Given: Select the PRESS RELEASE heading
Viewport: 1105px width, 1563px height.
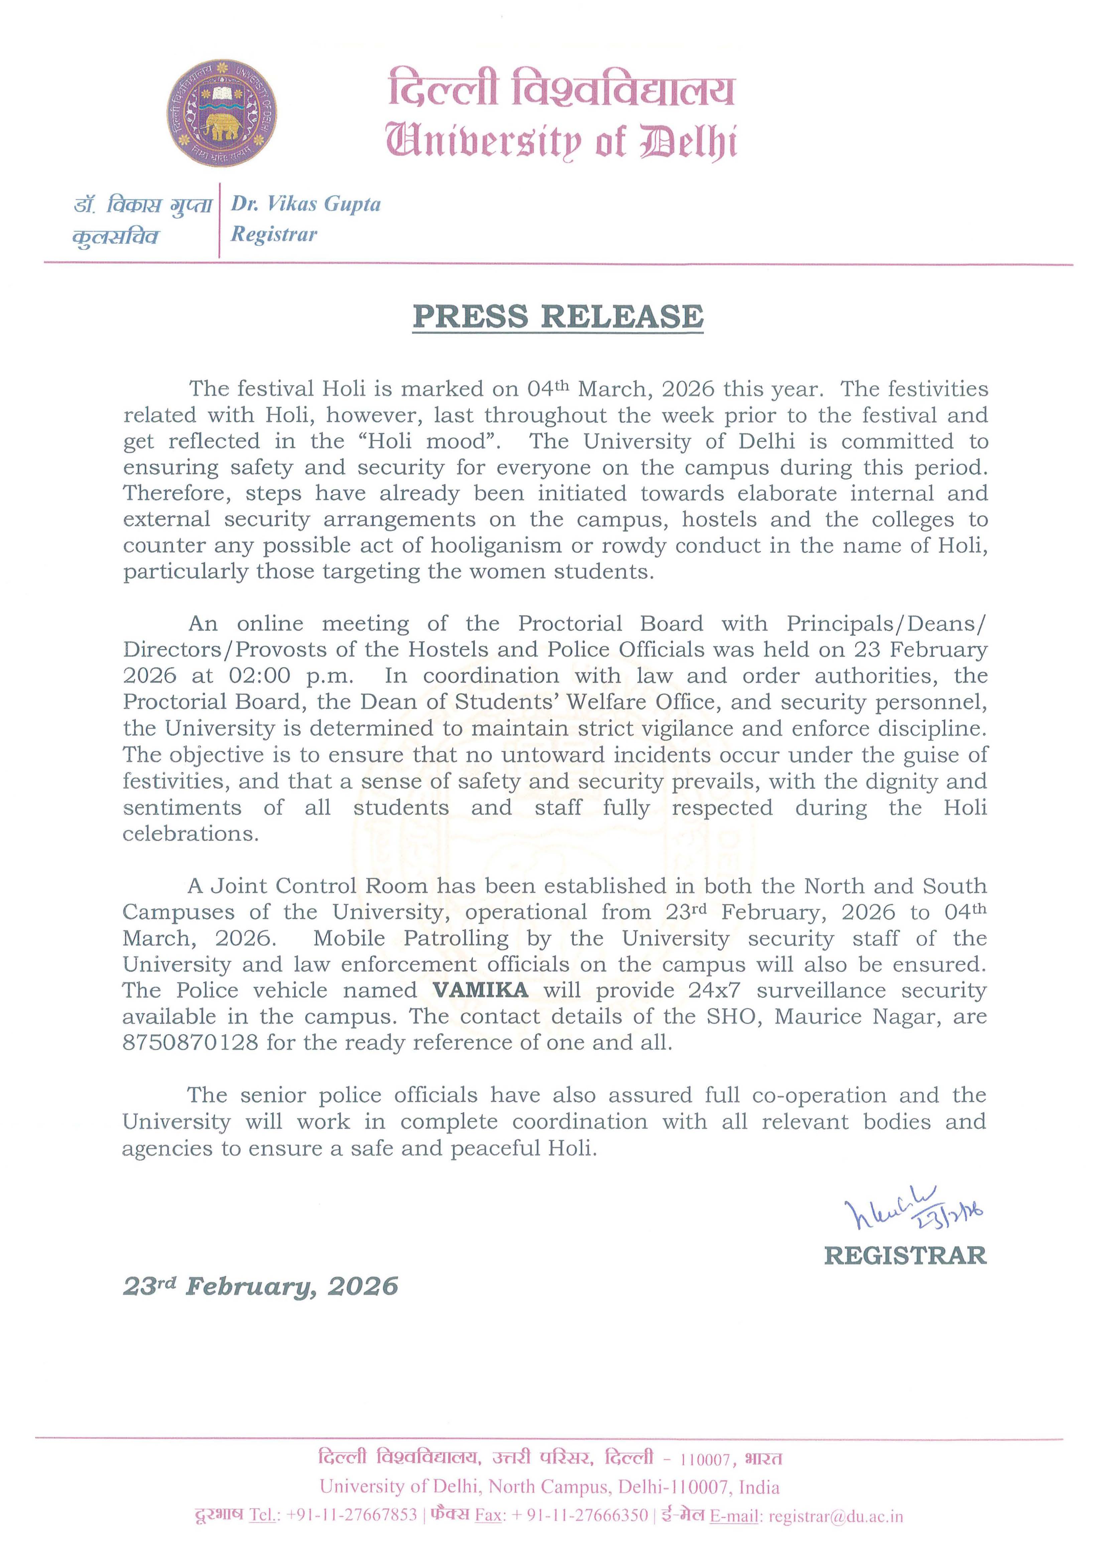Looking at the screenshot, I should coord(558,316).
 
